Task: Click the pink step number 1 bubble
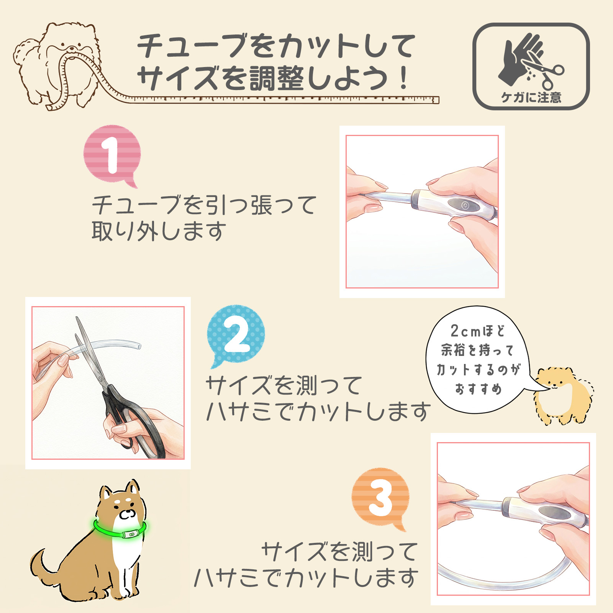point(112,155)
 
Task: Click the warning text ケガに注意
point(531,98)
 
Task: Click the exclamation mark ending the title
point(403,78)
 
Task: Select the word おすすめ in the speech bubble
point(478,389)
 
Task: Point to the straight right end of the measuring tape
point(436,100)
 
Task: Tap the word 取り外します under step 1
point(159,231)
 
